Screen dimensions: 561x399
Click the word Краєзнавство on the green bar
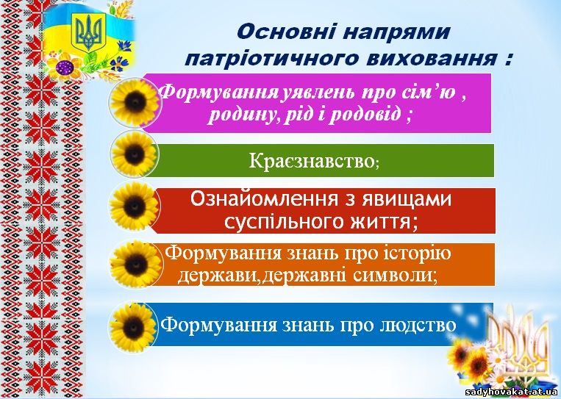[311, 161]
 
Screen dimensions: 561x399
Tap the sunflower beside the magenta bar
[135, 103]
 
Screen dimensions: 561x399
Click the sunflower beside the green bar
[134, 154]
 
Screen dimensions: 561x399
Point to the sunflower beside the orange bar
[135, 265]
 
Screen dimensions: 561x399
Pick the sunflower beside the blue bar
[134, 328]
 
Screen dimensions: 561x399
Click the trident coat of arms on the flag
[89, 32]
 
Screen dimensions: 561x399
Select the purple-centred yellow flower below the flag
[65, 66]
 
